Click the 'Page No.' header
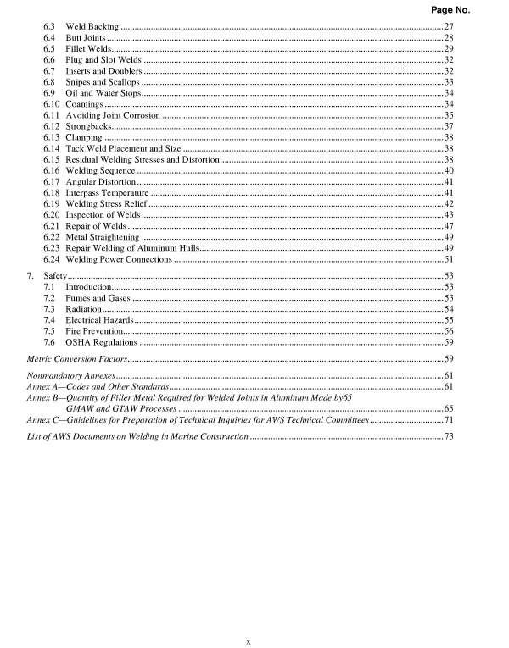click(467, 10)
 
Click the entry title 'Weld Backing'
click(92, 28)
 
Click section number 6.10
click(52, 104)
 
